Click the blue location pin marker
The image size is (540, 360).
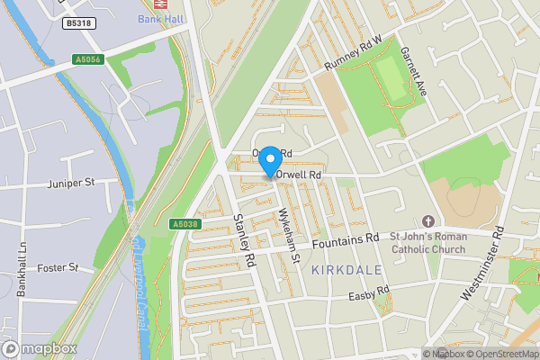(x=269, y=160)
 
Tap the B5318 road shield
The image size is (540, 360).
(x=80, y=24)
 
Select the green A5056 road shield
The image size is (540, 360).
(x=88, y=60)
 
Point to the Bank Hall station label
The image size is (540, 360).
(x=160, y=18)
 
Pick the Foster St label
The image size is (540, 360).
(x=59, y=267)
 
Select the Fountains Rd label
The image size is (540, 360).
(x=346, y=241)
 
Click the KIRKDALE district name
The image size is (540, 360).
(x=346, y=269)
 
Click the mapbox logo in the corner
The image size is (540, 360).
(x=40, y=348)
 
